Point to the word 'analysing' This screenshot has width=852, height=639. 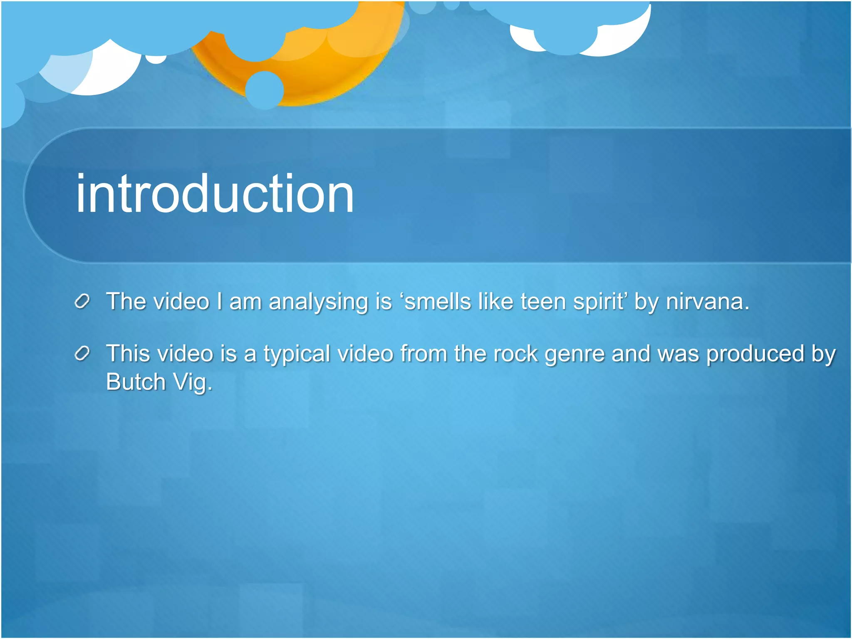(318, 302)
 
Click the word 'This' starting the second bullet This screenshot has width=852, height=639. (128, 354)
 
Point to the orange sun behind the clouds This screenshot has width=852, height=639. (316, 71)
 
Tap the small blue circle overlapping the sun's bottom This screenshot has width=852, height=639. (264, 90)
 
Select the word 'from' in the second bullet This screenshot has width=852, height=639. (424, 354)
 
